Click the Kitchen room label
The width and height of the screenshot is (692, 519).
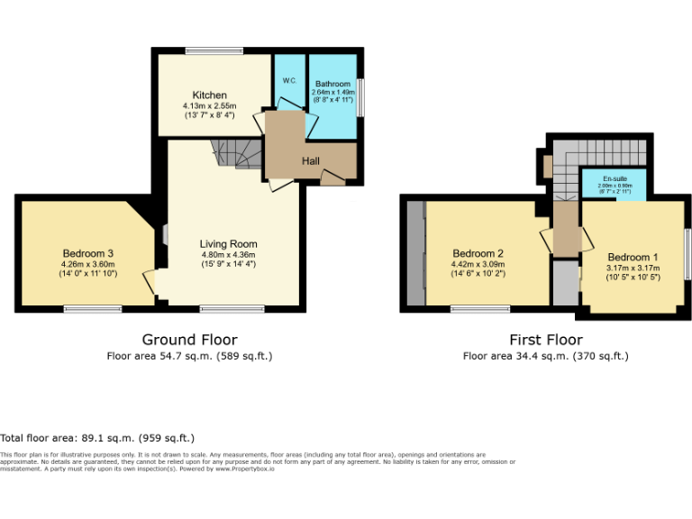209,95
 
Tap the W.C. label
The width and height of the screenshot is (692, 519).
289,80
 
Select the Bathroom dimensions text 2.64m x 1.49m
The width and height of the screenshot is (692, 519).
332,92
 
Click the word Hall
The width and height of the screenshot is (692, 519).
310,160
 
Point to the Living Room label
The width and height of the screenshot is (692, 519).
228,243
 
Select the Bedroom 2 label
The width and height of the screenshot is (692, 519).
478,253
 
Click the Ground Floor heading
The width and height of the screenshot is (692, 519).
189,340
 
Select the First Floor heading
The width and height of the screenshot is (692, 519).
545,340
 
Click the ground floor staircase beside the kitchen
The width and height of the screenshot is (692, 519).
235,154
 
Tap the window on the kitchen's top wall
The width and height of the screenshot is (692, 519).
214,50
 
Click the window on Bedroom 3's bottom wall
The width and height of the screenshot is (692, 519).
93,310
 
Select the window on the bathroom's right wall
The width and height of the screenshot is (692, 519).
360,97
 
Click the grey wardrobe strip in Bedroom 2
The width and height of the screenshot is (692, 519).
415,253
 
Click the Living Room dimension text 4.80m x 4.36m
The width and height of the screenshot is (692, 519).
228,254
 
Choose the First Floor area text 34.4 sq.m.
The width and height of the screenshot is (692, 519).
545,356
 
